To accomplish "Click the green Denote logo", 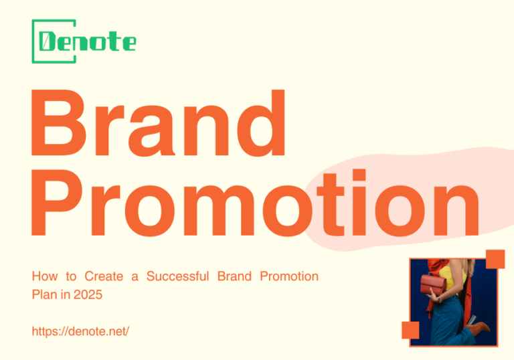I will pyautogui.click(x=84, y=42).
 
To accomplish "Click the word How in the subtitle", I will pyautogui.click(x=44, y=276).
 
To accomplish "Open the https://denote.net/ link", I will pyautogui.click(x=80, y=331).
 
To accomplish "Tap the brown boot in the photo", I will pyautogui.click(x=479, y=330).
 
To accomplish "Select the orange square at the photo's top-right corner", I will pyautogui.click(x=495, y=258).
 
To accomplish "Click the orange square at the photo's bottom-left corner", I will pyautogui.click(x=410, y=330).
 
